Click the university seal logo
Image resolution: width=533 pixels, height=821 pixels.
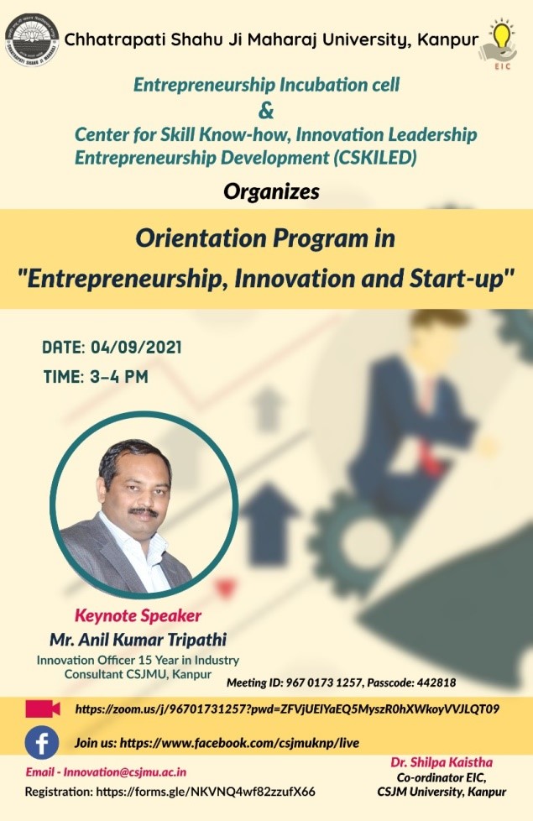pos(32,39)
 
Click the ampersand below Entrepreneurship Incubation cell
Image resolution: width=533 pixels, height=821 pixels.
pos(266,111)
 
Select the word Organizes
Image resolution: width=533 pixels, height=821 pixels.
pos(271,192)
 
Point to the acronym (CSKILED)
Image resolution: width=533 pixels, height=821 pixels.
pos(375,158)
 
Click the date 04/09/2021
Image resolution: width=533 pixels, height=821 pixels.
pos(136,348)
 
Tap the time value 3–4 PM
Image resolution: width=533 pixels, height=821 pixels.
pos(119,376)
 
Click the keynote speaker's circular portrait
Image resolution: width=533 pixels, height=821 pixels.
pos(144,505)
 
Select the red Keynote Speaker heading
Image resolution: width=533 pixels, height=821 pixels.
pos(138,615)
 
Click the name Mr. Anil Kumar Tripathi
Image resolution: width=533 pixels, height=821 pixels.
pos(138,640)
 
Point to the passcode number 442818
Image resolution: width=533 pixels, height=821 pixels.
pos(436,682)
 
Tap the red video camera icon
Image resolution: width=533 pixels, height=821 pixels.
pos(43,709)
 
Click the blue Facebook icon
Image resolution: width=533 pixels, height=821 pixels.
pos(42,743)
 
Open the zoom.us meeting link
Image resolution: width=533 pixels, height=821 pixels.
pos(287,709)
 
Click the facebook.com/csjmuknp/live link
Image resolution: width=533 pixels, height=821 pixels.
pos(239,743)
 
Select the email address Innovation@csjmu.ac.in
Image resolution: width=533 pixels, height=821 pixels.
pos(125,771)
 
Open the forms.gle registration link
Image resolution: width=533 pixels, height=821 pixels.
pos(206,791)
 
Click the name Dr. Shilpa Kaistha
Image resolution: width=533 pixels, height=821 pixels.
pos(442,762)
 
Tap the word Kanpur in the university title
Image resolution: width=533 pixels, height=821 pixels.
pos(447,39)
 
